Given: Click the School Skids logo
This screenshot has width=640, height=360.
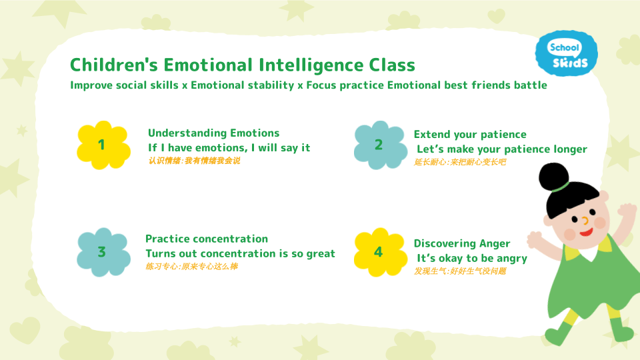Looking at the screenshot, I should pos(566,54).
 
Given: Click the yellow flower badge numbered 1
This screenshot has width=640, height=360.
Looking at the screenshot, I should pos(103,145).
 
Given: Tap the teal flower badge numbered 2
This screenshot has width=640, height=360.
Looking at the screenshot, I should pos(379,145).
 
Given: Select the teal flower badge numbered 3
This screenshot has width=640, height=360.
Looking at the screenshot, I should pos(103,252).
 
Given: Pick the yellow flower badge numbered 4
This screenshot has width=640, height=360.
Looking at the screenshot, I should pos(379,252).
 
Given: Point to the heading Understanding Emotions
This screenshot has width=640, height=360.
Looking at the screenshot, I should pos(213,133).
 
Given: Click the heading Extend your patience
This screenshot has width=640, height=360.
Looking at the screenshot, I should pos(470,135).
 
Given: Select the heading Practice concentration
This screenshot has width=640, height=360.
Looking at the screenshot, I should pos(207,239).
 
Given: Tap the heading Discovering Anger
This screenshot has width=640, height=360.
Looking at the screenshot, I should pos(462,243).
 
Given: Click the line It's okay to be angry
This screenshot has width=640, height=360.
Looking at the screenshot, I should pos(472,258).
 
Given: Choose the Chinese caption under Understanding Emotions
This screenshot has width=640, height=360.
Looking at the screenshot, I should pos(194,161).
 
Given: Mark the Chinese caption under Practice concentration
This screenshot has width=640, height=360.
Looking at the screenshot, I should pos(191,267).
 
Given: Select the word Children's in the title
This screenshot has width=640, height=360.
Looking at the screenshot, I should pos(114,65).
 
